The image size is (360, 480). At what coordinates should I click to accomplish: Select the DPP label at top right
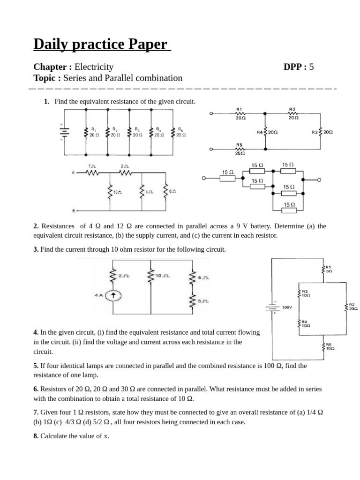click(294, 67)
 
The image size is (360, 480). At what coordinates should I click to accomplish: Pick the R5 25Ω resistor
click(240, 150)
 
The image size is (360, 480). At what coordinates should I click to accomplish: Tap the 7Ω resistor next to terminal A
click(92, 172)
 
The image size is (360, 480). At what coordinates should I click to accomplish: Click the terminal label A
click(73, 173)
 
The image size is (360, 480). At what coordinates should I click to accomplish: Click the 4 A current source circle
click(112, 296)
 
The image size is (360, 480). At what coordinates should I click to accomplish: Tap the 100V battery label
click(287, 307)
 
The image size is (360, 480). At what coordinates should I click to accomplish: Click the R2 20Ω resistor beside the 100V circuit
click(347, 307)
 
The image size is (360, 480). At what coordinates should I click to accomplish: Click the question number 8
click(36, 436)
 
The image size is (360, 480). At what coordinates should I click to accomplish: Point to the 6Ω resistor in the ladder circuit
click(166, 192)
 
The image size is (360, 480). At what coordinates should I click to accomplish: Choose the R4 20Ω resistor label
click(267, 132)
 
